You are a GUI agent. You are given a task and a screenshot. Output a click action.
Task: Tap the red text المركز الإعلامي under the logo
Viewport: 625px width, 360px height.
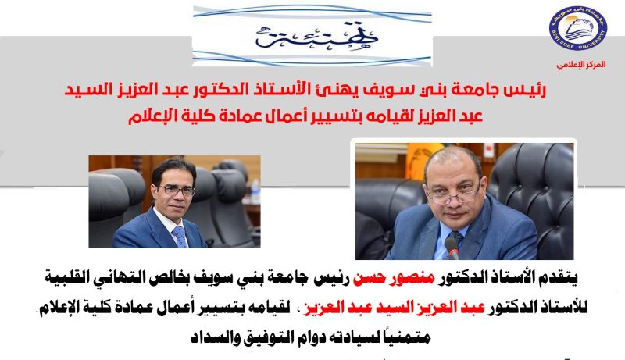(581, 65)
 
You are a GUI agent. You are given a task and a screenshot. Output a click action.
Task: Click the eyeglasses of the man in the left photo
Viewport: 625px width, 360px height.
(177, 191)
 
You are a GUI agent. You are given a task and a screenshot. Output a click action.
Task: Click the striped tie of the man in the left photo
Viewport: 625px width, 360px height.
(180, 237)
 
